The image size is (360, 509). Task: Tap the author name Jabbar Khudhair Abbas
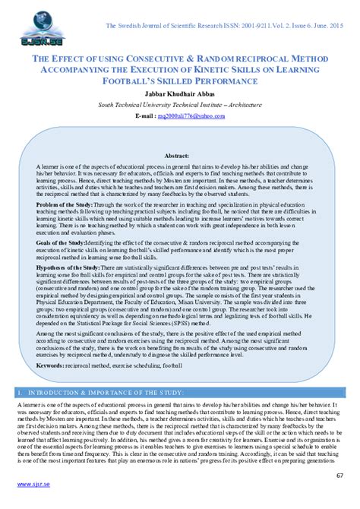180,93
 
